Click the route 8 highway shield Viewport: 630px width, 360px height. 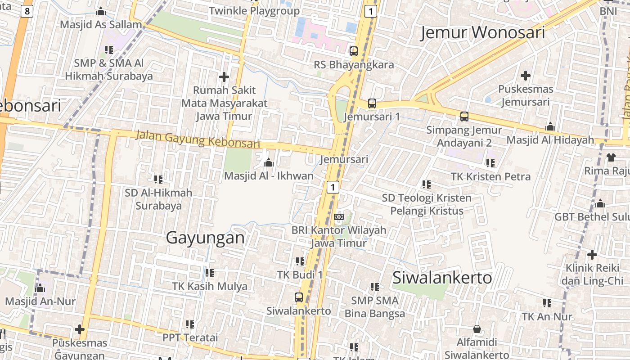click(x=27, y=11)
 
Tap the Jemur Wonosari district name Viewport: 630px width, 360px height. click(x=482, y=33)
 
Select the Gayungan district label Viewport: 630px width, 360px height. click(x=205, y=238)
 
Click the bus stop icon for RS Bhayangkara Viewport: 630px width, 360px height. click(x=354, y=51)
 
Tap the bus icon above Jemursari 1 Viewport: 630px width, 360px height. click(x=372, y=103)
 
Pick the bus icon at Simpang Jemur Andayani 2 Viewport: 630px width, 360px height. click(x=464, y=117)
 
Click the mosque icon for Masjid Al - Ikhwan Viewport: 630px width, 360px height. click(x=269, y=162)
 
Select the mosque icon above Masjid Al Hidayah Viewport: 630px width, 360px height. click(x=550, y=126)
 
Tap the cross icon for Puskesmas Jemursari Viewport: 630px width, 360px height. click(x=525, y=75)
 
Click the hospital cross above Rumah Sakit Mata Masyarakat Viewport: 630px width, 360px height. click(x=224, y=76)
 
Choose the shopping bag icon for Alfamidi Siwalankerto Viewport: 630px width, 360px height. click(x=477, y=329)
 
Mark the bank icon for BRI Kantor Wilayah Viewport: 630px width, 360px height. click(x=338, y=217)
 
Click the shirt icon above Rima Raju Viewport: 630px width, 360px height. click(x=611, y=157)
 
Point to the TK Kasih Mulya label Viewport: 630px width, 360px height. click(x=210, y=286)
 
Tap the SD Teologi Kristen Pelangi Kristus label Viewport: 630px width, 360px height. click(x=427, y=204)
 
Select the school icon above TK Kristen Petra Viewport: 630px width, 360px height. click(x=490, y=163)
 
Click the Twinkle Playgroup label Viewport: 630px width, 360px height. click(x=254, y=11)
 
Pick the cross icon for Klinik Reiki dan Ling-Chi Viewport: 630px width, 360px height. click(x=592, y=255)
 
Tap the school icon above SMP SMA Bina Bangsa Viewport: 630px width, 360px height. click(x=374, y=287)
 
